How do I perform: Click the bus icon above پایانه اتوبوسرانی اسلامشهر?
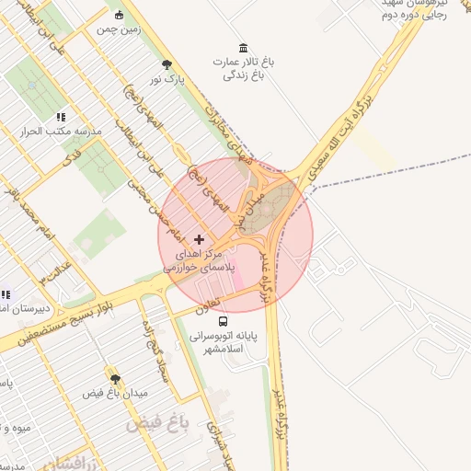pos(224,321)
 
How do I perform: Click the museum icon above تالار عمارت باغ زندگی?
pos(243,47)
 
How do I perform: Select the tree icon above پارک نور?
pos(167,64)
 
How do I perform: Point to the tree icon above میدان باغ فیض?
pos(115,378)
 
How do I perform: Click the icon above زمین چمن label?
pos(120,15)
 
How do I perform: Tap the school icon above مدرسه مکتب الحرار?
pos(61,117)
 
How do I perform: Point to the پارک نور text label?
pos(168,80)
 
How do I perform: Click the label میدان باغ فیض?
pos(116,394)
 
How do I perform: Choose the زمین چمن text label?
pos(119,29)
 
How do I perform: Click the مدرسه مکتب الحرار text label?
pos(61,132)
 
